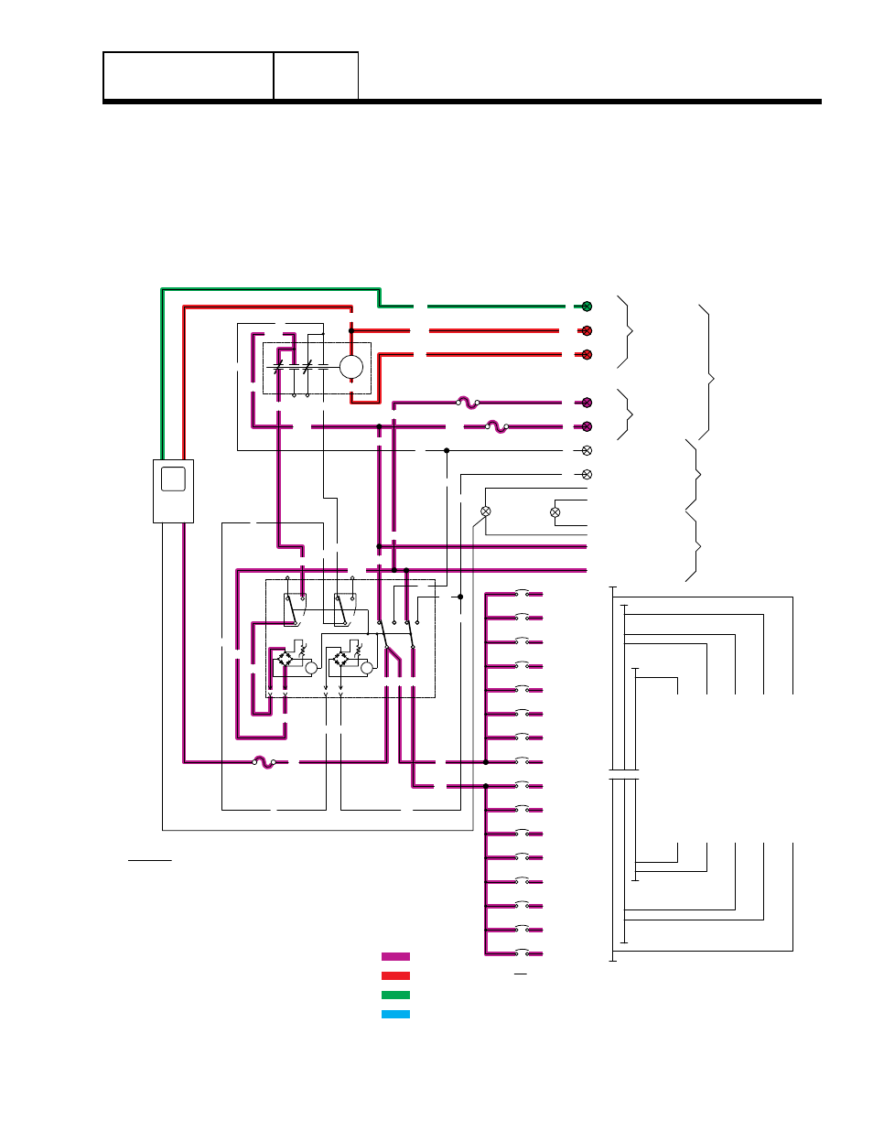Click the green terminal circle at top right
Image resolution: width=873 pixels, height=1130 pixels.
click(587, 307)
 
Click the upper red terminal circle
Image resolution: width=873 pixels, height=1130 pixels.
click(587, 331)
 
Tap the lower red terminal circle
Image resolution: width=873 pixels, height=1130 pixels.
click(587, 355)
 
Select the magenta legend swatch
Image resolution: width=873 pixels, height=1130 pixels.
click(395, 957)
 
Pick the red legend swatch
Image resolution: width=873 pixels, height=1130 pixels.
click(395, 976)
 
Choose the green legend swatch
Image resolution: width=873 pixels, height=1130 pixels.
click(395, 995)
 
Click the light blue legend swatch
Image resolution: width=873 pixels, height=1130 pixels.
click(395, 1015)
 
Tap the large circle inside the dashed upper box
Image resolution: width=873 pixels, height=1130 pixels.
click(351, 367)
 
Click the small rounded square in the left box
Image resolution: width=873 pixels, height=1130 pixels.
click(173, 479)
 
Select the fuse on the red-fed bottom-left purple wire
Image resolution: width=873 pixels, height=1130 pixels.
click(264, 761)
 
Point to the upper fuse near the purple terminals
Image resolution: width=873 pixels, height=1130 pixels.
click(468, 403)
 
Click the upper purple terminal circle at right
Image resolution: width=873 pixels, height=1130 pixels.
click(587, 403)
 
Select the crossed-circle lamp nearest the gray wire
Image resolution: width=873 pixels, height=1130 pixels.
click(486, 511)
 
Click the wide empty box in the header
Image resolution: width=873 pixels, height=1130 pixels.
click(189, 76)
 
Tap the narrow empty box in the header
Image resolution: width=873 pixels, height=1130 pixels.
click(316, 76)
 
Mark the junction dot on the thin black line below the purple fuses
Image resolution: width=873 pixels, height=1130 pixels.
click(447, 450)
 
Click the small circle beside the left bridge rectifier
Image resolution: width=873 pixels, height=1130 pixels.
click(311, 668)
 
